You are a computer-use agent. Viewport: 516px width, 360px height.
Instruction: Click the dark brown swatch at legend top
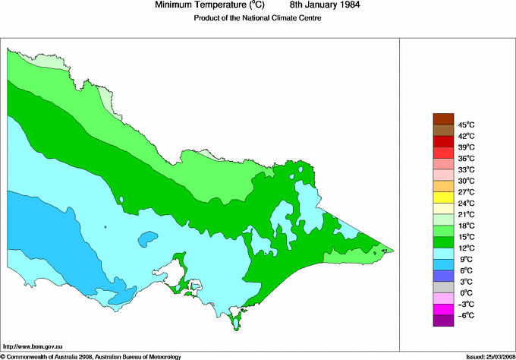[x=443, y=118]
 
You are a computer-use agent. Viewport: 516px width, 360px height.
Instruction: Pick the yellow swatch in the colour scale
[x=443, y=197]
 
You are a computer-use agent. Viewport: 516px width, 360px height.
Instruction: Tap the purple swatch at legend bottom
[x=443, y=321]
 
